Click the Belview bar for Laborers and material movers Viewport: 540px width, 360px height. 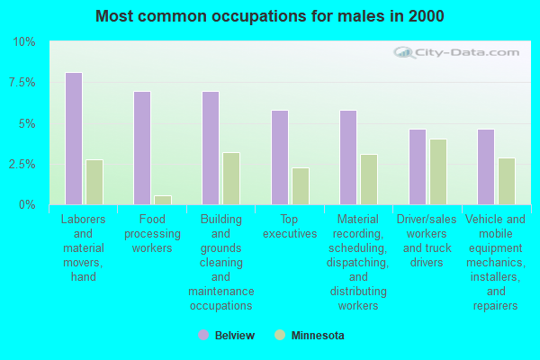74,139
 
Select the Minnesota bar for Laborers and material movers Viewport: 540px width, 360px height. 94,182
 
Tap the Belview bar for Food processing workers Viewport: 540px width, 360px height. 142,148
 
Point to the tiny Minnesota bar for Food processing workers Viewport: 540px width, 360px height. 163,200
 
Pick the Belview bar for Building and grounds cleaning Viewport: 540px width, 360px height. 211,148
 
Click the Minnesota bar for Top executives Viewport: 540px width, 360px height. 301,185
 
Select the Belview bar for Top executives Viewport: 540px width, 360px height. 280,157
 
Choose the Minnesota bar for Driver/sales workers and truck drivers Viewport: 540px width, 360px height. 438,171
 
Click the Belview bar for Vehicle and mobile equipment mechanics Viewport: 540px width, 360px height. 486,166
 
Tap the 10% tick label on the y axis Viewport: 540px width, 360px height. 24,42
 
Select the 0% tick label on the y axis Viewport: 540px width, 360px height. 27,205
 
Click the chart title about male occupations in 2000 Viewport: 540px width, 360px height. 269,16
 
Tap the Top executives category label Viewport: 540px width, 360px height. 290,226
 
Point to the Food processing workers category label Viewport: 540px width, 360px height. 153,233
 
